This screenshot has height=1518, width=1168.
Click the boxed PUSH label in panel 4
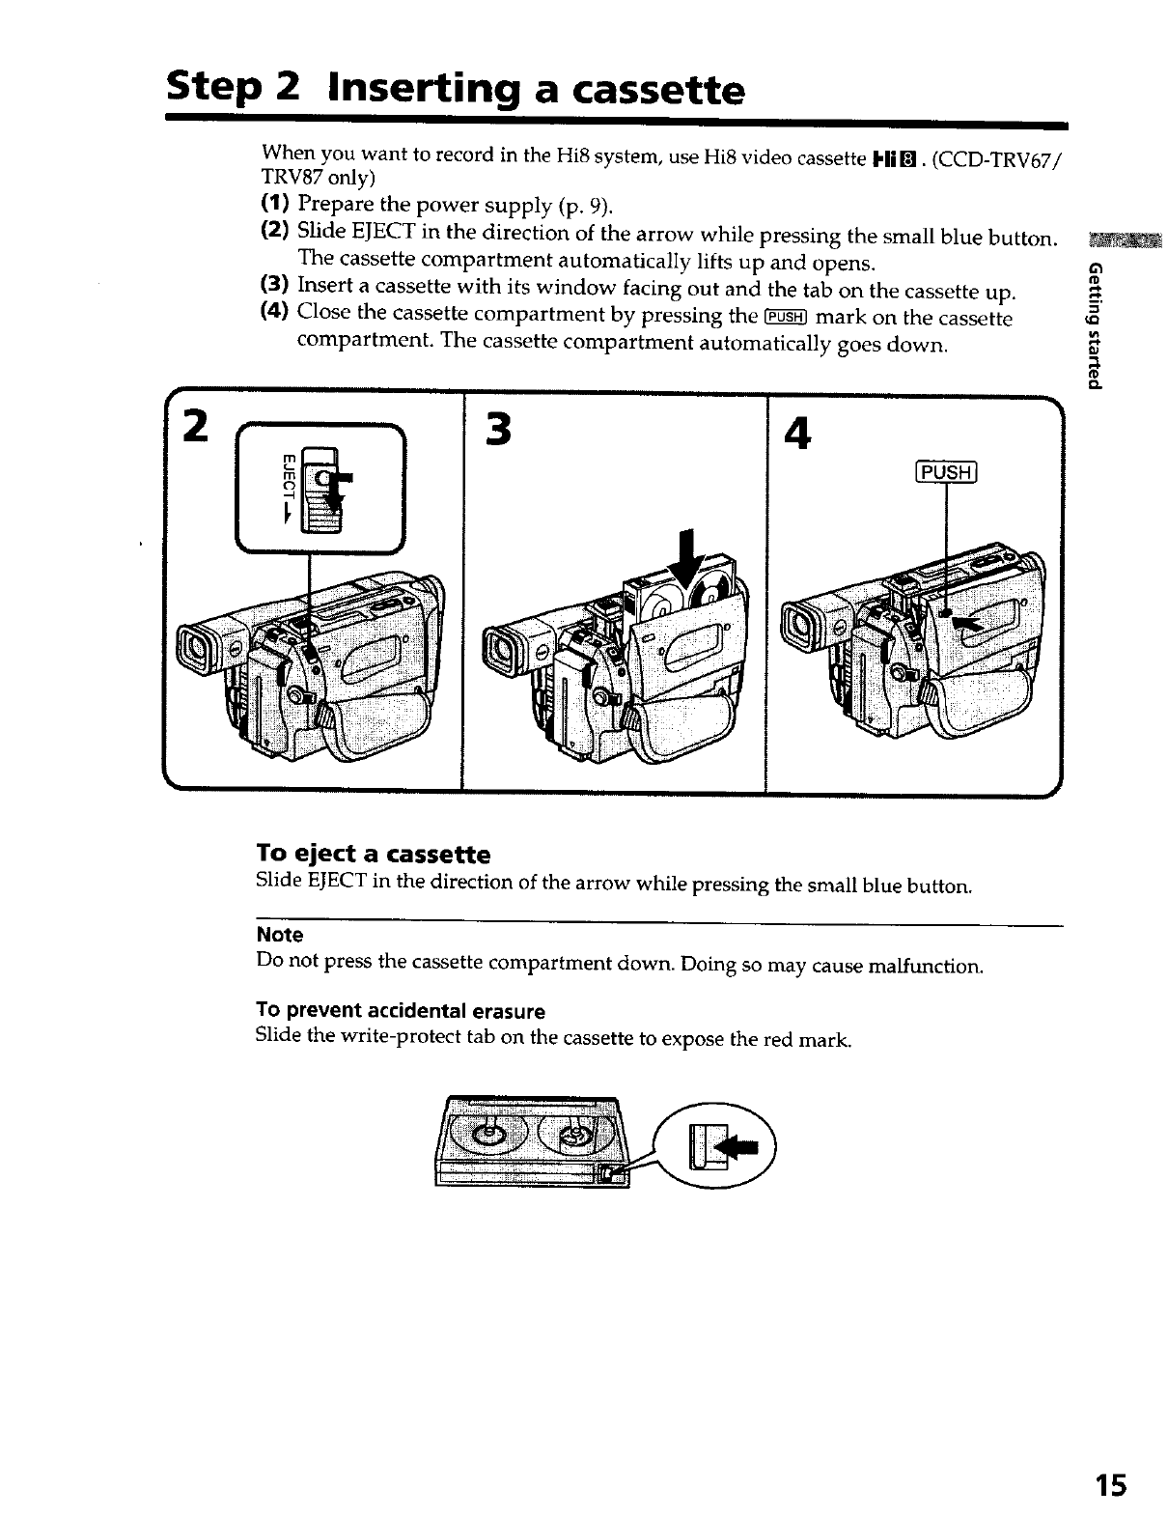[x=946, y=473]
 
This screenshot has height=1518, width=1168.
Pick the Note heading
[x=280, y=935]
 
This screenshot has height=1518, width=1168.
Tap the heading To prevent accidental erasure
[x=400, y=1011]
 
